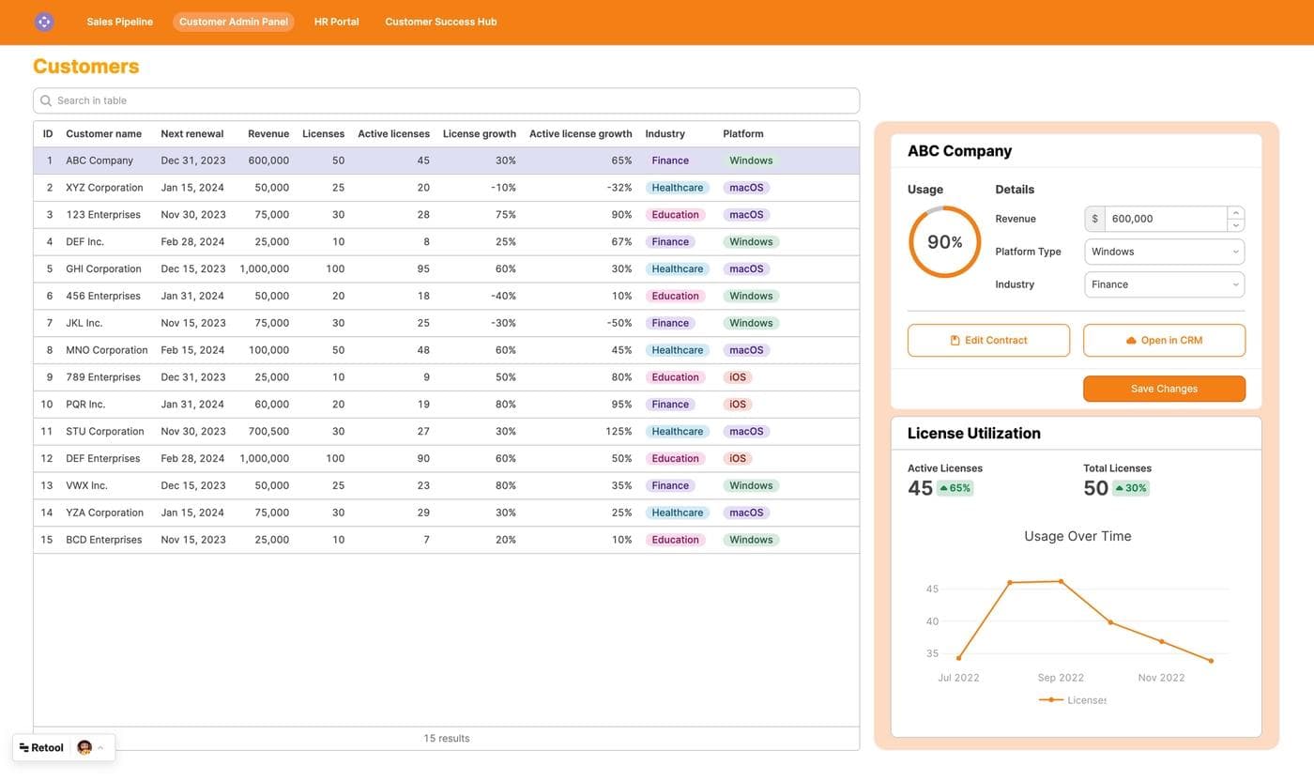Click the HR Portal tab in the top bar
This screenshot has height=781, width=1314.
[336, 22]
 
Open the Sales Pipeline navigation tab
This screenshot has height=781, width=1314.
[119, 22]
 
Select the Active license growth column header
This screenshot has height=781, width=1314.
[580, 134]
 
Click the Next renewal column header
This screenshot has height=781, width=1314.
[191, 134]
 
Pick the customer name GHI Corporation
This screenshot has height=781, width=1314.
[103, 268]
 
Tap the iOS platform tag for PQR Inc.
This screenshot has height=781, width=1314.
[738, 405]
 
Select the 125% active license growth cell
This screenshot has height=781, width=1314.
[618, 432]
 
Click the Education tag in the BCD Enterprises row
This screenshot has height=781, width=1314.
[675, 540]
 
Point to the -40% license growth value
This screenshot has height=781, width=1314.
[504, 296]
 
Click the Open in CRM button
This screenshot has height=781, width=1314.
[1164, 341]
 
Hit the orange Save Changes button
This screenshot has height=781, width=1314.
[1164, 389]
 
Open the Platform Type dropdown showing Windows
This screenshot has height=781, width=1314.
[1164, 252]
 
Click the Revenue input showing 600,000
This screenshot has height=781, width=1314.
[1164, 219]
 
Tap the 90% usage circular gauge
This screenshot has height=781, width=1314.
[944, 242]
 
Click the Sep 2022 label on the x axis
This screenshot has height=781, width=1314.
[1061, 678]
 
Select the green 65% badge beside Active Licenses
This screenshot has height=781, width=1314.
[955, 488]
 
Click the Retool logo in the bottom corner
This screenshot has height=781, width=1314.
[42, 748]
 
